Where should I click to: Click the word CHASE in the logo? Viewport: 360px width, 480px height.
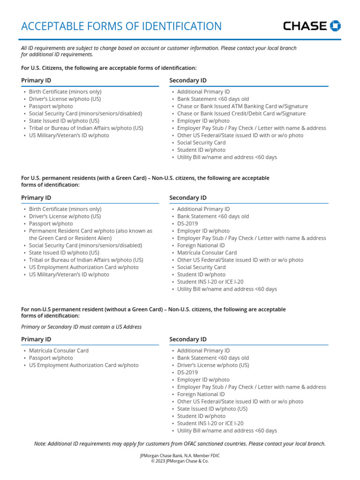coord(305,26)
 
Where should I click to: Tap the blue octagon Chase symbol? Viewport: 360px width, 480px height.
coord(335,26)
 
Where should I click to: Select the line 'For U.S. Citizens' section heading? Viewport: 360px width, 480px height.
coord(109,68)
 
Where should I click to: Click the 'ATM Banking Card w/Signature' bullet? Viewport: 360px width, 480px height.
coord(242,106)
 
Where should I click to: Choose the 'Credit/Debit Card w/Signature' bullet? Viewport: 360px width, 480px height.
coord(241,113)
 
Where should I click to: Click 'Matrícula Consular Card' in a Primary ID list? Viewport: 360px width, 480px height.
coord(59,351)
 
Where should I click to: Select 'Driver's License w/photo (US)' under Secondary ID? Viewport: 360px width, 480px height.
coord(213,365)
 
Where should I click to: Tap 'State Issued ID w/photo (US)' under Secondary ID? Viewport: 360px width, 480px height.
coord(212,409)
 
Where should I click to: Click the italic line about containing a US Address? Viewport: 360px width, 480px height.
coord(81,327)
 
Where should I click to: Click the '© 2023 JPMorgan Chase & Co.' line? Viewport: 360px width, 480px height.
coord(180,461)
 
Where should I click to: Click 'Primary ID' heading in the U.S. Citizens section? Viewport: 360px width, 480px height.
coord(36,81)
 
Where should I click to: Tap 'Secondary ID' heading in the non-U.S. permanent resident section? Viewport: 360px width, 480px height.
coord(187,339)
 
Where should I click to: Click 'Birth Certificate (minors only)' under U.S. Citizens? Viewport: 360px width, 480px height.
coord(65,92)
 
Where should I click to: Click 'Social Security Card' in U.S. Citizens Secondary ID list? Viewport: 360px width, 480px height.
coord(201,142)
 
